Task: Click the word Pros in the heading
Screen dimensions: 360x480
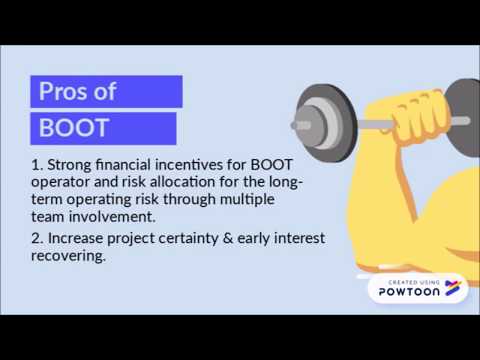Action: (x=62, y=92)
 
